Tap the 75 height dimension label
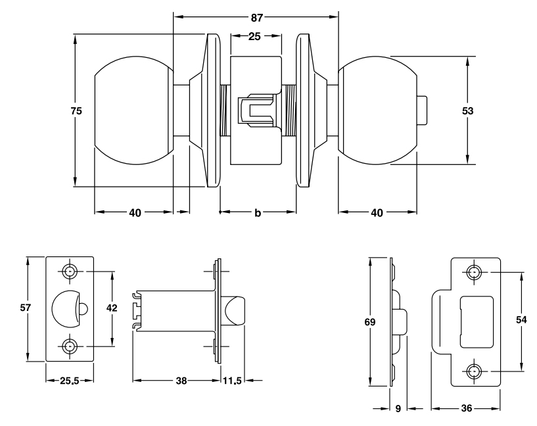coord(76,111)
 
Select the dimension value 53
coord(468,110)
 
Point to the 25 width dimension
coord(256,35)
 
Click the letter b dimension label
coord(258,213)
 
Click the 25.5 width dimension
coord(69,381)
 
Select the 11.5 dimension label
coord(232,381)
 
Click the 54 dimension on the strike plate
coord(522,320)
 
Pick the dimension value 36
coord(466,408)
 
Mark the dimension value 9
coord(398,408)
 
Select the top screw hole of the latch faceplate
coord(70,271)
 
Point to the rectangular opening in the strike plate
coord(475,321)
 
